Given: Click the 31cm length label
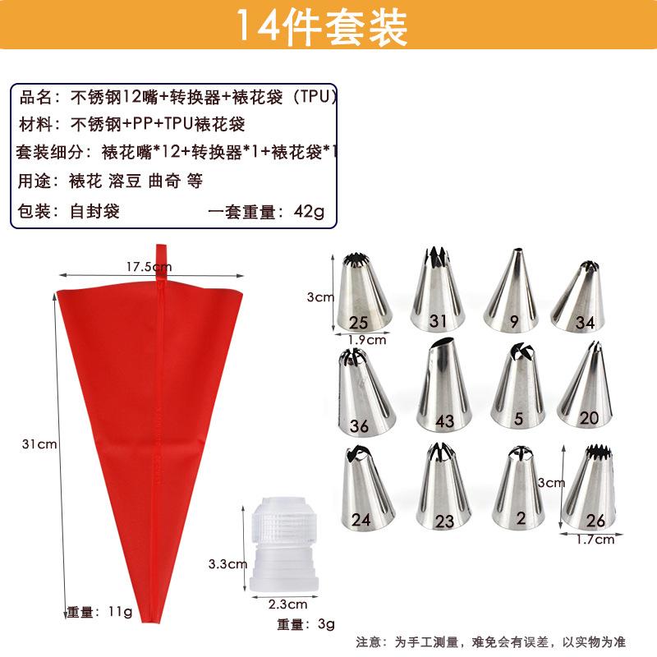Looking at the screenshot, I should pyautogui.click(x=41, y=444).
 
